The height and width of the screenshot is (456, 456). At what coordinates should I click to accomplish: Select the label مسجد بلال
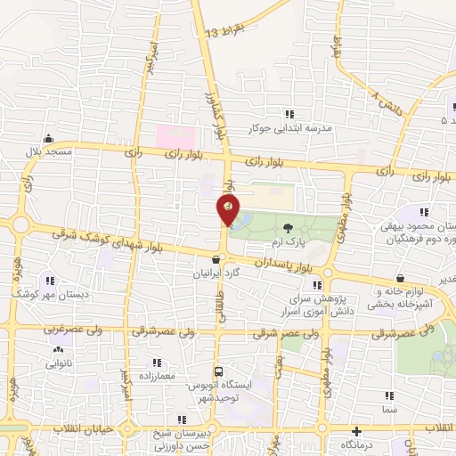click(x=44, y=153)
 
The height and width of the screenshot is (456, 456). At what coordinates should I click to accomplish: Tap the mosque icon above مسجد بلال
click(x=48, y=139)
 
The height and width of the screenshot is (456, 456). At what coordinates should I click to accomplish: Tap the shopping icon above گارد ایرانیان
click(x=216, y=259)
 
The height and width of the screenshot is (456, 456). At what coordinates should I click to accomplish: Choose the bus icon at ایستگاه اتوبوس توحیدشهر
click(x=219, y=370)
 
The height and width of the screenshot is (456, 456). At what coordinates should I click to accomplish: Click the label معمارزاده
click(x=157, y=378)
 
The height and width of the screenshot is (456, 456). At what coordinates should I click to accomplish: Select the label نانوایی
click(x=47, y=363)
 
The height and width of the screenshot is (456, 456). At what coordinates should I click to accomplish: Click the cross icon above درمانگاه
click(x=356, y=430)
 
